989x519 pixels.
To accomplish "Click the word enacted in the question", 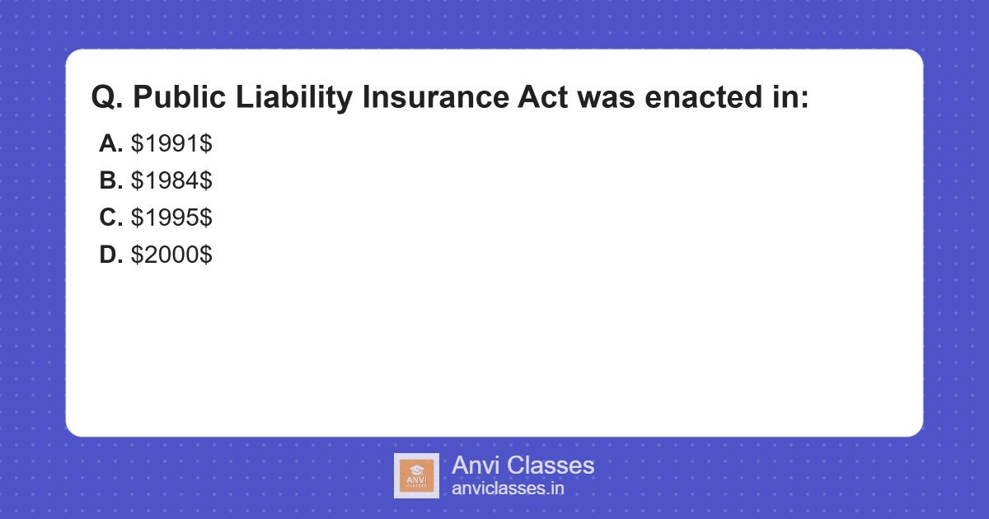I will [696, 98].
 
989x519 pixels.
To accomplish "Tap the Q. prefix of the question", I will [107, 98].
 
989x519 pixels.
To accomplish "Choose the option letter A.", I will [110, 143].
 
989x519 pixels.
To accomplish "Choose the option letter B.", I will [110, 180].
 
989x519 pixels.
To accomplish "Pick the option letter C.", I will [110, 217].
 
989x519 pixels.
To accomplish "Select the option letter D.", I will [110, 255].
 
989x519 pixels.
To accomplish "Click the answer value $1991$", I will [171, 143].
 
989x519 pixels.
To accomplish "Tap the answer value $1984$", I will [171, 180].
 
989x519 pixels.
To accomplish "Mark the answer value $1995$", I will [171, 217].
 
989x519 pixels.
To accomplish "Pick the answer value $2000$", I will [171, 255].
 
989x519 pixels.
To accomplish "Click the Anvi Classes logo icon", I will [416, 475].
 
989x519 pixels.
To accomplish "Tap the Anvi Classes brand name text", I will [523, 465].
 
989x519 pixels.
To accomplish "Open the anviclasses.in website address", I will [508, 489].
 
